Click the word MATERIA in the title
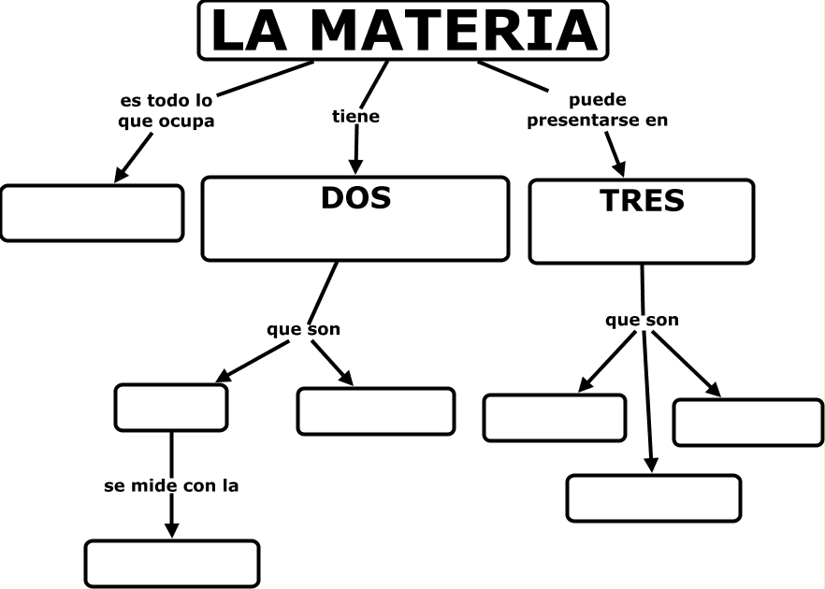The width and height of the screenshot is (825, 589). coord(454,30)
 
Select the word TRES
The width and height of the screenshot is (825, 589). coord(642,200)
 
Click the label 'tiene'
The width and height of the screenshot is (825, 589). coord(356,117)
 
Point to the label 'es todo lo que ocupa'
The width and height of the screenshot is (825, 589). coord(167,110)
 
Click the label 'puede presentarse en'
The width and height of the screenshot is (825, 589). coord(598,109)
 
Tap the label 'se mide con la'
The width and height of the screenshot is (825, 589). coord(171,486)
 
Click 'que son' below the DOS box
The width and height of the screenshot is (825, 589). coord(304,329)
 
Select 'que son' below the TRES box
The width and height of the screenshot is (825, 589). coord(642,321)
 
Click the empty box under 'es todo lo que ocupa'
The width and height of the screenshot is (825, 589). coord(92,213)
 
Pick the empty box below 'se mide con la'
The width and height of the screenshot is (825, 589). coord(172,563)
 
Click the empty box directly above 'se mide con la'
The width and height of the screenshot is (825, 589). coord(171,407)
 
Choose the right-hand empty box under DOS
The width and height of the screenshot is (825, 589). coord(376,411)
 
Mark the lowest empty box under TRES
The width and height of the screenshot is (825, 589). coord(653,497)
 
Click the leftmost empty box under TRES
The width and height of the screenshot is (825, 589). coord(554,417)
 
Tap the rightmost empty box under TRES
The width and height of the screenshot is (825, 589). coord(747,422)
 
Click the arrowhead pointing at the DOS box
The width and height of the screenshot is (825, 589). coord(355,165)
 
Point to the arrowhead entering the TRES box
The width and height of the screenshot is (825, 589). coord(619,167)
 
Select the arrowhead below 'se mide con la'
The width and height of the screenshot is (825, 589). coord(171,528)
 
